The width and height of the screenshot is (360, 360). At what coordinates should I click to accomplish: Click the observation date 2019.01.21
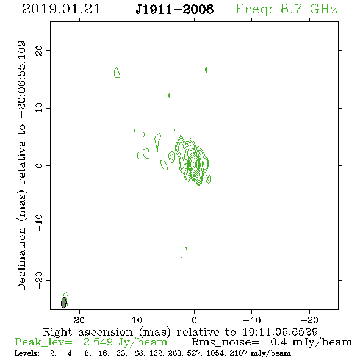[61, 9]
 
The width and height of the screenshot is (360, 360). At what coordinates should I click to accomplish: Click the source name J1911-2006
[175, 9]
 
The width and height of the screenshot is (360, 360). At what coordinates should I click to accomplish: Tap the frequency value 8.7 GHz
[309, 9]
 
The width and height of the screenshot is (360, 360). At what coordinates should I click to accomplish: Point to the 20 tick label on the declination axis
[39, 51]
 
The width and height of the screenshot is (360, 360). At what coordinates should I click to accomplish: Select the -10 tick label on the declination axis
[39, 223]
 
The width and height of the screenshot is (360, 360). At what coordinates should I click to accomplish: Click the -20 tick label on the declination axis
[39, 280]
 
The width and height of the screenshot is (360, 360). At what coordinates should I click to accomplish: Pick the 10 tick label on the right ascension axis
[137, 320]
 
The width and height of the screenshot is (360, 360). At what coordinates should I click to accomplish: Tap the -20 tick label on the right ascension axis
[309, 320]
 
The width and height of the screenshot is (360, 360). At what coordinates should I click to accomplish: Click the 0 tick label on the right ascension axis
[194, 320]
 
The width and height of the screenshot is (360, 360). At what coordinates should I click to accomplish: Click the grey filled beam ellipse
[63, 303]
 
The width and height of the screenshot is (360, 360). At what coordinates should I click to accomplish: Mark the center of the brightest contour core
[195, 164]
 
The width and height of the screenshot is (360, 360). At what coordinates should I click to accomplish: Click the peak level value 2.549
[98, 342]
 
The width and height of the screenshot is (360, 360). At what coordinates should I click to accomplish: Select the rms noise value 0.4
[279, 342]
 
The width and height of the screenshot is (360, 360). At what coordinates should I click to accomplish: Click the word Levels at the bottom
[27, 353]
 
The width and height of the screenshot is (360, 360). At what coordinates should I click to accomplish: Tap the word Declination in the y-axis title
[21, 259]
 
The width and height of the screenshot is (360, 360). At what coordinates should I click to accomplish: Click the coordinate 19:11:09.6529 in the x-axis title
[280, 332]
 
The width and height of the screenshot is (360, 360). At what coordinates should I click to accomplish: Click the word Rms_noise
[225, 342]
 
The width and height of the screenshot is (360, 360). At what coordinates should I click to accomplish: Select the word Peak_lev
[43, 342]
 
